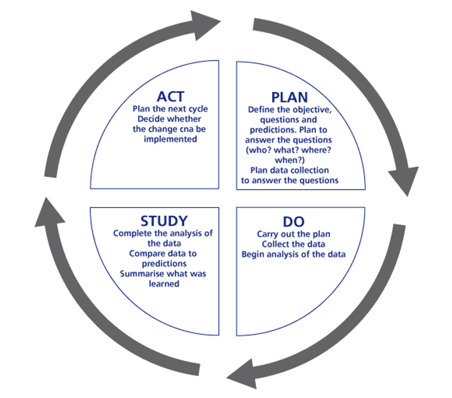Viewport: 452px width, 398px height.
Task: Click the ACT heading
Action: point(170,97)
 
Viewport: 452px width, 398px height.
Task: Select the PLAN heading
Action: point(290,98)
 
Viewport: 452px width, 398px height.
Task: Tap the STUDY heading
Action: point(164,221)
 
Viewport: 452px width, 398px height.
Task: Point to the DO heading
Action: point(294,222)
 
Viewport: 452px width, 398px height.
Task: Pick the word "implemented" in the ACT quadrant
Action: point(170,139)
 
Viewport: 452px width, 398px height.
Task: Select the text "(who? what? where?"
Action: point(288,150)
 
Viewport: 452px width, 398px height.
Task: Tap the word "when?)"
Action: point(290,160)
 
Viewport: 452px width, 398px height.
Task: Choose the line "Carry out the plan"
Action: point(293,234)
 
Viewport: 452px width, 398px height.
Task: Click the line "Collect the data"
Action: point(293,244)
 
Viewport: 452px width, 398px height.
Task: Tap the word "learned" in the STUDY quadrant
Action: point(164,284)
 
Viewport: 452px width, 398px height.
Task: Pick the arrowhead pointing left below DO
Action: point(242,374)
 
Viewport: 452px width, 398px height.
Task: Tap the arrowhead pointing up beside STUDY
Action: point(49,213)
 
